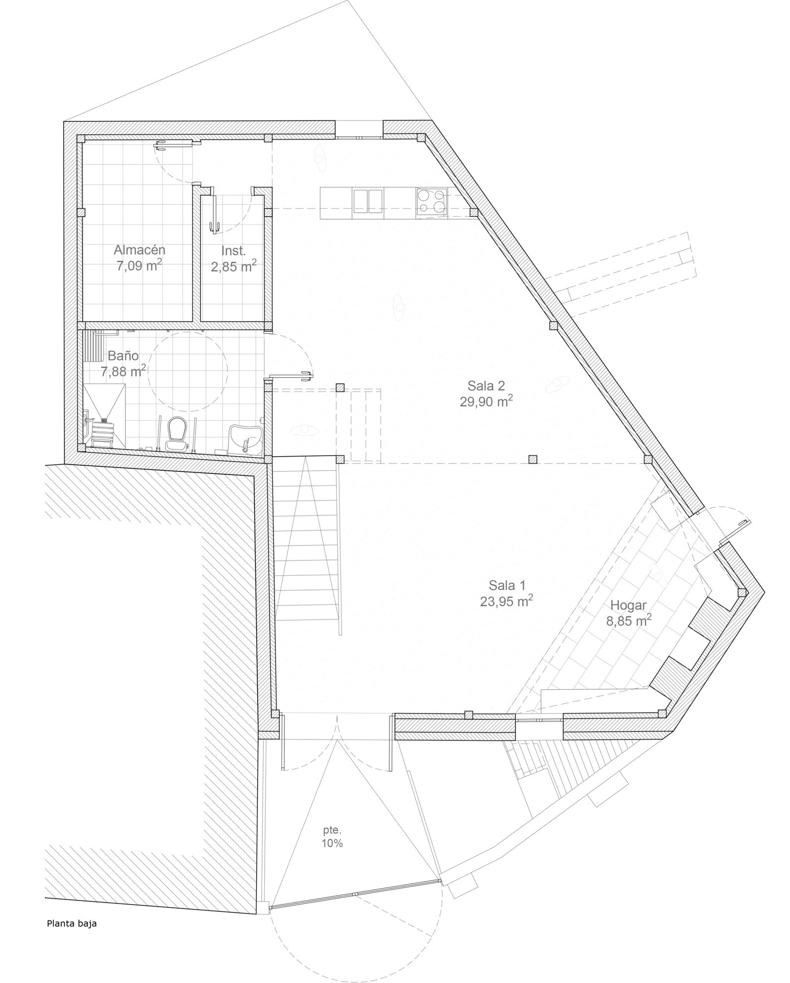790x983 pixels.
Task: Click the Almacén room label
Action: pyautogui.click(x=139, y=249)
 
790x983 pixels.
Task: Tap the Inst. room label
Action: pyautogui.click(x=234, y=251)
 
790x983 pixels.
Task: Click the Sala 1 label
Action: pyautogui.click(x=507, y=586)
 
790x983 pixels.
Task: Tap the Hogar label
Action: pyautogui.click(x=629, y=605)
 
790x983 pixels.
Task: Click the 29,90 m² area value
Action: pyautogui.click(x=486, y=401)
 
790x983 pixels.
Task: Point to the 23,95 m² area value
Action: pyautogui.click(x=507, y=601)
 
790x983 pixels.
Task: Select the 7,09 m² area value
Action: pyautogui.click(x=139, y=266)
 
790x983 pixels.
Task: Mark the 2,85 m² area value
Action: pyautogui.click(x=234, y=267)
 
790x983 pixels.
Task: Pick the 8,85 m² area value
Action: pyautogui.click(x=629, y=621)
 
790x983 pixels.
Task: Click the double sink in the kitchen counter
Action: pyautogui.click(x=368, y=202)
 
